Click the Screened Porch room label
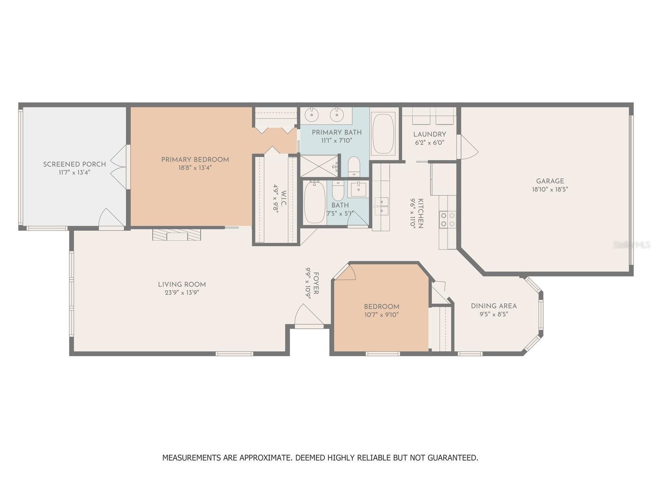click(74, 164)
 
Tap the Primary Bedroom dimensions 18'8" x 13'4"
click(195, 168)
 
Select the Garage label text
click(550, 181)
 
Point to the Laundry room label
click(430, 134)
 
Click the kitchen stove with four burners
click(447, 219)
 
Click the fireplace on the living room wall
click(177, 234)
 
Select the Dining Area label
click(493, 306)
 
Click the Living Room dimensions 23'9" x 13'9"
click(182, 293)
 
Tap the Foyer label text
click(316, 283)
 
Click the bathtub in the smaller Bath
click(315, 202)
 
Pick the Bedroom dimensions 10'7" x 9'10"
click(381, 315)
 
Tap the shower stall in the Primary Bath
click(319, 166)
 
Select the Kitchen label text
click(421, 213)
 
